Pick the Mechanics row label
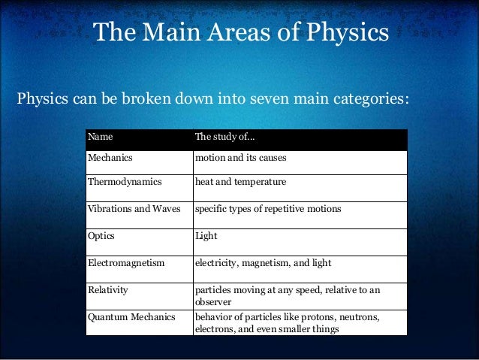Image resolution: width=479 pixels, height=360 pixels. tap(110, 159)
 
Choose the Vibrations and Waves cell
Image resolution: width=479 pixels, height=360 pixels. tap(134, 208)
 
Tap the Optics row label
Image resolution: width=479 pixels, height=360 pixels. tap(101, 235)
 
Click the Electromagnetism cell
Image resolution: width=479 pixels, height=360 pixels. tap(125, 263)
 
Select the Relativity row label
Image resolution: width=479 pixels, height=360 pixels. tap(108, 289)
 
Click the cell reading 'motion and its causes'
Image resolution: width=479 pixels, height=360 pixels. tap(240, 159)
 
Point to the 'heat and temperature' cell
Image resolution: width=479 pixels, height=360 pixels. tap(239, 183)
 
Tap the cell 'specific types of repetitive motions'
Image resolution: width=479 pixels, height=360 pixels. tap(267, 208)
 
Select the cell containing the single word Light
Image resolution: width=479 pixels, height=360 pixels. tap(206, 235)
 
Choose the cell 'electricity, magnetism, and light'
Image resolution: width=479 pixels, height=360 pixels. tap(262, 263)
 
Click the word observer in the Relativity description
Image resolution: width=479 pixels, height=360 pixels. tap(213, 301)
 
